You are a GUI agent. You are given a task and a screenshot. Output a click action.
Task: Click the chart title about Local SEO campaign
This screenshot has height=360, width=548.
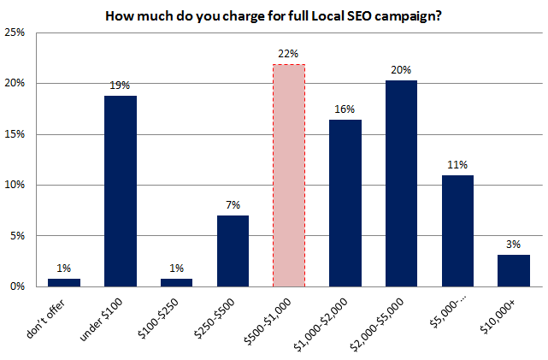click(274, 15)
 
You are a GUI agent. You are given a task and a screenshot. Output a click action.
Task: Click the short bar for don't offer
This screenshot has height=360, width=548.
click(64, 282)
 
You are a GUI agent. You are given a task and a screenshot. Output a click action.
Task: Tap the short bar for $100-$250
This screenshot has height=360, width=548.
click(177, 282)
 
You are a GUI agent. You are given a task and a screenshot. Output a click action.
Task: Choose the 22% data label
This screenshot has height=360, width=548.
click(289, 54)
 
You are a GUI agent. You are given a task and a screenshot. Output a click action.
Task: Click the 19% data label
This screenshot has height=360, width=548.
click(121, 85)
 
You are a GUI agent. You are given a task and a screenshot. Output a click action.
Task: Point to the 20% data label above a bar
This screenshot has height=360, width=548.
click(401, 69)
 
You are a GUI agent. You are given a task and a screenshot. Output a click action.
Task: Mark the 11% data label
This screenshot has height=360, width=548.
click(457, 164)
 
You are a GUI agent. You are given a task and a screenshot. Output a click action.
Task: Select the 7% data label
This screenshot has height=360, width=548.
click(233, 204)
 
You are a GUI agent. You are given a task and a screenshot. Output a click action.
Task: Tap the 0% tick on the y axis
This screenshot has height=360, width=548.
click(19, 286)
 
